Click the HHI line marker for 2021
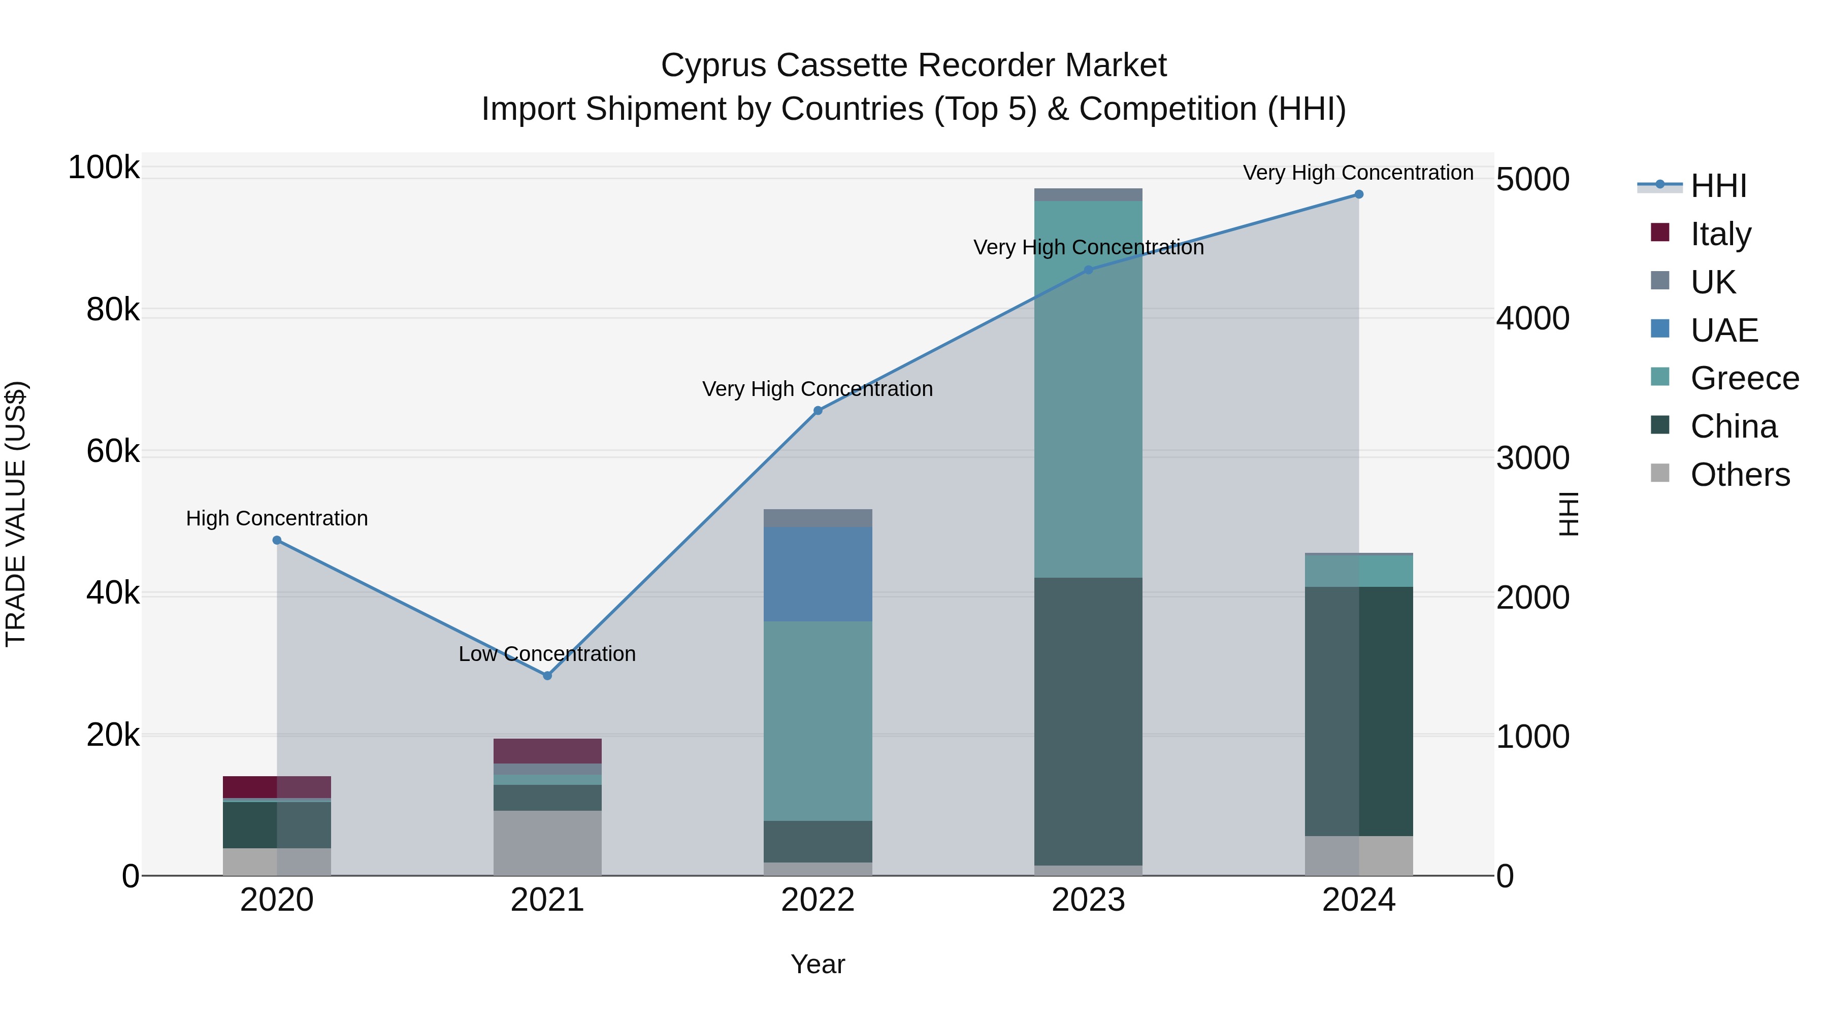click(547, 675)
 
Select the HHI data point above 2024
click(1359, 194)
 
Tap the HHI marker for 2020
click(277, 541)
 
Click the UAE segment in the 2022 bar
click(818, 574)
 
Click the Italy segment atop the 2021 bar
click(547, 751)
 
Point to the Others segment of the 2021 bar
click(547, 843)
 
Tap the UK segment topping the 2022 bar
click(818, 518)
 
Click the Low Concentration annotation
click(547, 653)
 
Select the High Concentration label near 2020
click(277, 519)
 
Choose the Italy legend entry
click(1720, 234)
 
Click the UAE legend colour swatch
click(1660, 329)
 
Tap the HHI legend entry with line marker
click(1717, 186)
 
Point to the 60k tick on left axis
click(112, 451)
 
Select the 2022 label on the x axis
click(818, 900)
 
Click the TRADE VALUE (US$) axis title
click(16, 514)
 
